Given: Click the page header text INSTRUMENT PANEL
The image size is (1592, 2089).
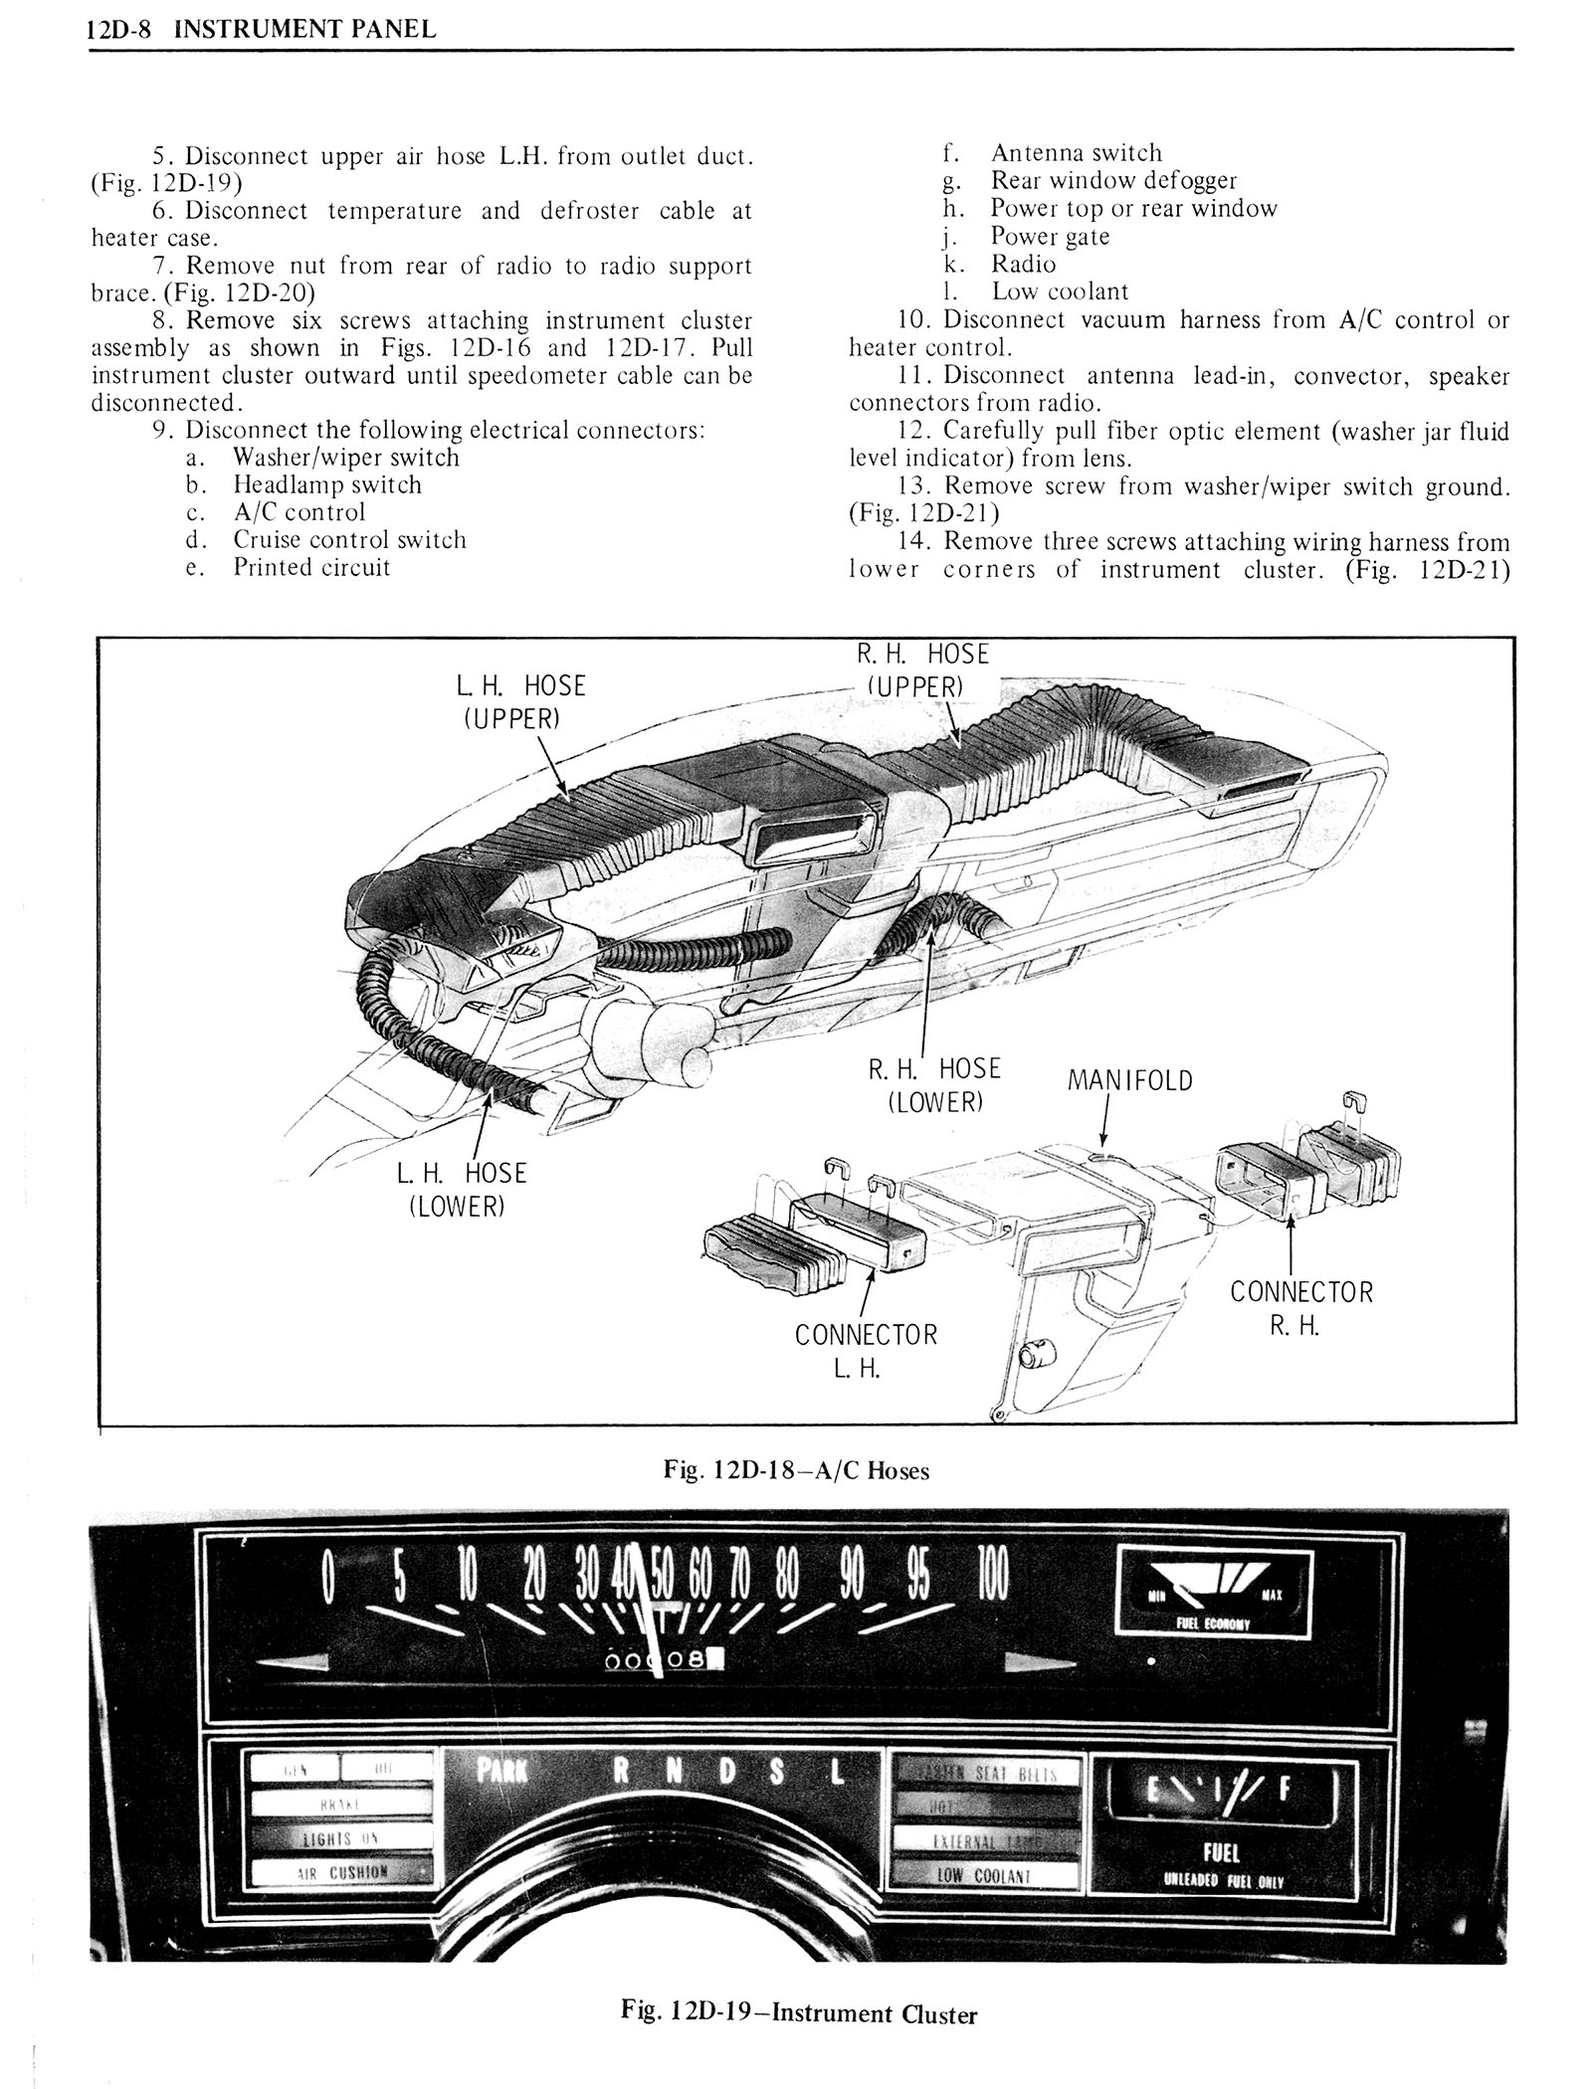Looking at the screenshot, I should click(x=304, y=29).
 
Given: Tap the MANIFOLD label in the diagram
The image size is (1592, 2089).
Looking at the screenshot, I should click(x=1129, y=1080).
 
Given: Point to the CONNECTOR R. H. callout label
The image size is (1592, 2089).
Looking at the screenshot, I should click(x=1300, y=1308).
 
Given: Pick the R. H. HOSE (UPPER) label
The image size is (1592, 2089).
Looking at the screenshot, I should click(x=922, y=669).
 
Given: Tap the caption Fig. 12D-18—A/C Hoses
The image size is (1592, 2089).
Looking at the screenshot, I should click(x=796, y=1470).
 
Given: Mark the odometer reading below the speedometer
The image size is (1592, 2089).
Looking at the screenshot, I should click(x=664, y=1658).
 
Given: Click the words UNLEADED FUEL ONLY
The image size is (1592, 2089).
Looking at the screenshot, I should click(x=1221, y=1882).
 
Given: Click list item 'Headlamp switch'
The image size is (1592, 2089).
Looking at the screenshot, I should click(x=326, y=485).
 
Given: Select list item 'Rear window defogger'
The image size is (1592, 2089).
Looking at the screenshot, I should click(x=1113, y=180).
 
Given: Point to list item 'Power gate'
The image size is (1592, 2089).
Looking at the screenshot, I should click(x=1050, y=236).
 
